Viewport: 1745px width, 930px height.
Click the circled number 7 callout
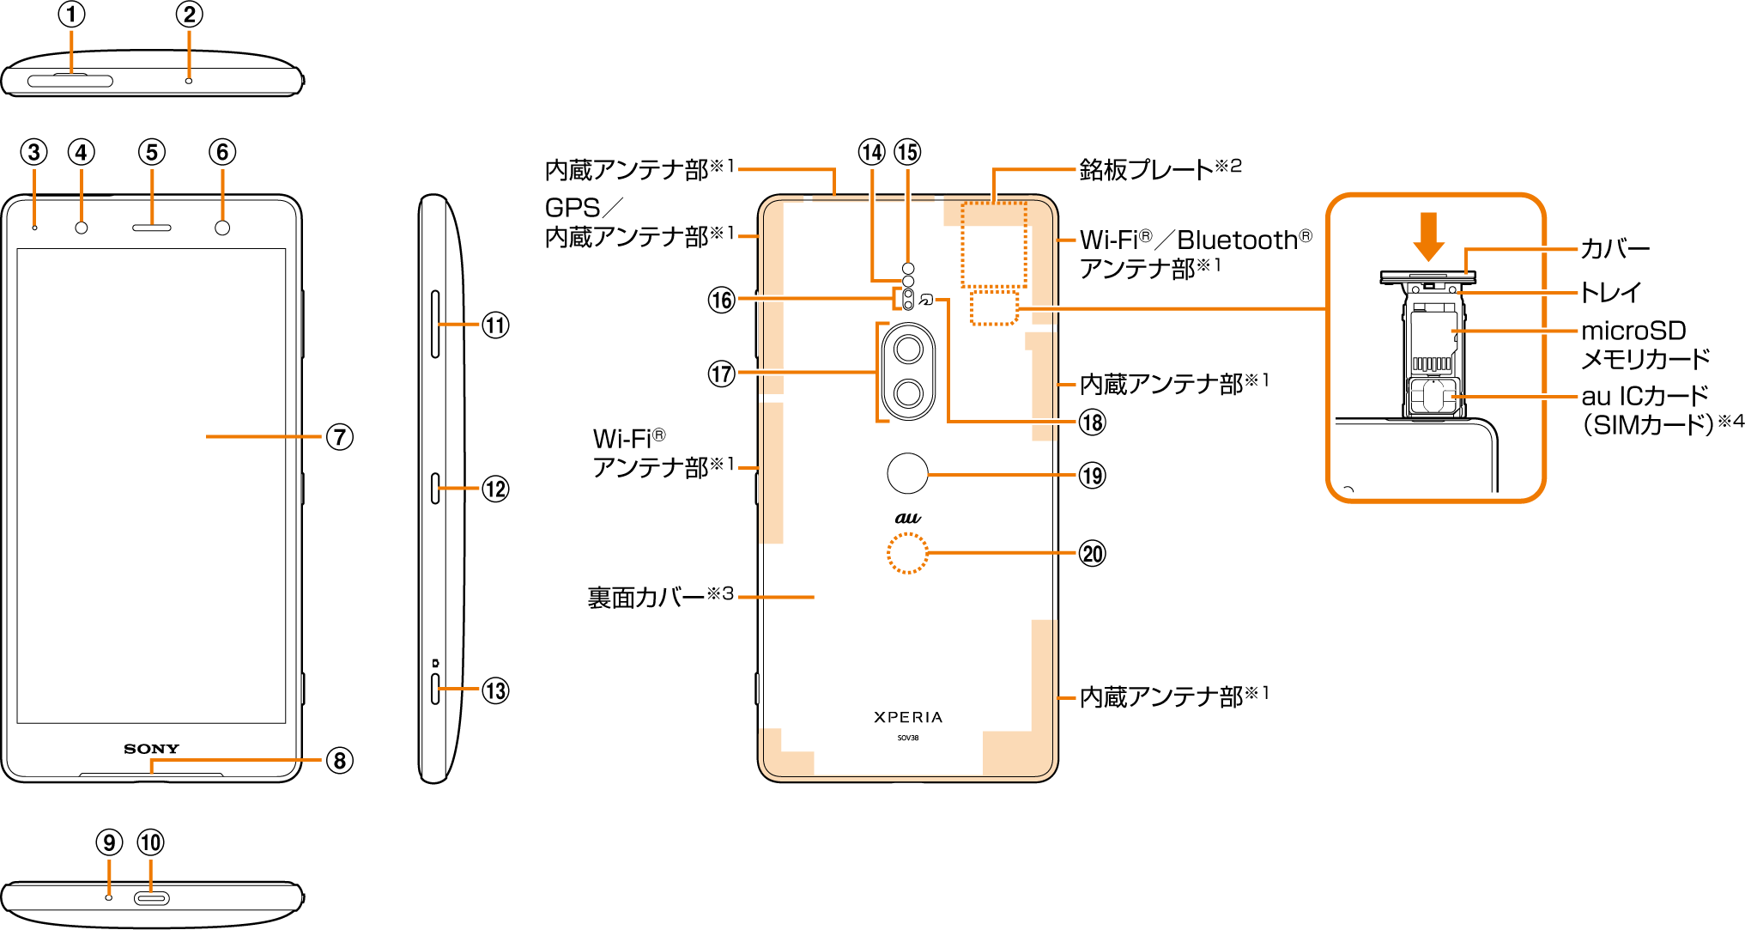pyautogui.click(x=340, y=437)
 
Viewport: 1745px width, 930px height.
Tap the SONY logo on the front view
pyautogui.click(x=151, y=749)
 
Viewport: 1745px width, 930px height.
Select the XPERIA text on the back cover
pyautogui.click(x=908, y=717)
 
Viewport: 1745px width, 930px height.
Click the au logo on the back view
pyautogui.click(x=908, y=518)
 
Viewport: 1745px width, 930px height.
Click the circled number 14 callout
pyautogui.click(x=872, y=152)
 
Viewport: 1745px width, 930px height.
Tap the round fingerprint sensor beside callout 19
pyautogui.click(x=907, y=473)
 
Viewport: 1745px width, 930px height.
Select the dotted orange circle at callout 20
pyautogui.click(x=907, y=553)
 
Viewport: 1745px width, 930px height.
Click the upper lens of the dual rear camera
pyautogui.click(x=908, y=350)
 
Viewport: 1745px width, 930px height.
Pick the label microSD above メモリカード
pyautogui.click(x=1633, y=331)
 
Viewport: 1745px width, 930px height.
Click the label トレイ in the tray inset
pyautogui.click(x=1611, y=292)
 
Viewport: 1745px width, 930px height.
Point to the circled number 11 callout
pyautogui.click(x=495, y=325)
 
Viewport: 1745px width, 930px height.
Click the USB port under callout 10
pyautogui.click(x=151, y=898)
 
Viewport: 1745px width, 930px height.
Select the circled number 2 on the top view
pyautogui.click(x=189, y=15)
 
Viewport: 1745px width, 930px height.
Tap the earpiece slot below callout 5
pyautogui.click(x=152, y=228)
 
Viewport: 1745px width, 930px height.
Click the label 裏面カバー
pyautogui.click(x=645, y=598)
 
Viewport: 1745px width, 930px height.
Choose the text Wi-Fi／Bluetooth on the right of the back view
pyautogui.click(x=1195, y=240)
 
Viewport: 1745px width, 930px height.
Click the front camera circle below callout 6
pyautogui.click(x=222, y=228)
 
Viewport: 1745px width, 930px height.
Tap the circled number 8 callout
pyautogui.click(x=340, y=760)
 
